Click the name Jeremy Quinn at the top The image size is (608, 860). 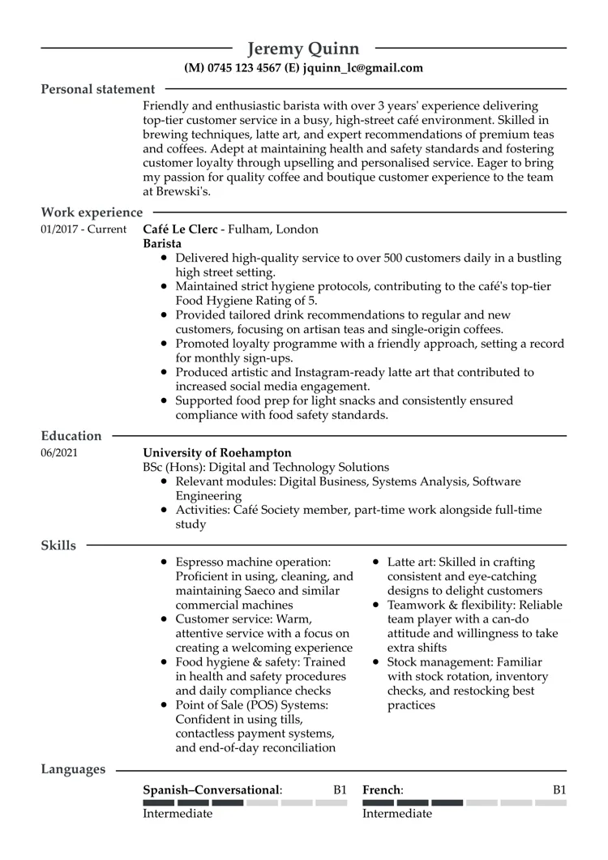click(303, 49)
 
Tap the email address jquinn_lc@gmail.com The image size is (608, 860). click(362, 69)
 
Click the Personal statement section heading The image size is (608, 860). click(97, 89)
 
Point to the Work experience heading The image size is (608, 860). click(92, 212)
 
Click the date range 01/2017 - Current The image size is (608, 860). click(83, 229)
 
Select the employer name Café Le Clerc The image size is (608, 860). click(182, 229)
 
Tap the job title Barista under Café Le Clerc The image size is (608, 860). click(162, 244)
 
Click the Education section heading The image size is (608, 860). click(71, 436)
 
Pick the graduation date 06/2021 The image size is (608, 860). click(59, 453)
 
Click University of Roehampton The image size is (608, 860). click(217, 453)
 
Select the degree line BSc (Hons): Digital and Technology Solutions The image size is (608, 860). click(266, 468)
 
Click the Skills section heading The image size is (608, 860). click(58, 546)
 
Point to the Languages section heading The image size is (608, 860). click(73, 769)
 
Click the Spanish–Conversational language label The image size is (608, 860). click(212, 789)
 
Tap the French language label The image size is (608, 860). click(382, 789)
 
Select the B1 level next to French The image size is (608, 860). click(559, 789)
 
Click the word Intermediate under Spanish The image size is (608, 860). click(178, 813)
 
